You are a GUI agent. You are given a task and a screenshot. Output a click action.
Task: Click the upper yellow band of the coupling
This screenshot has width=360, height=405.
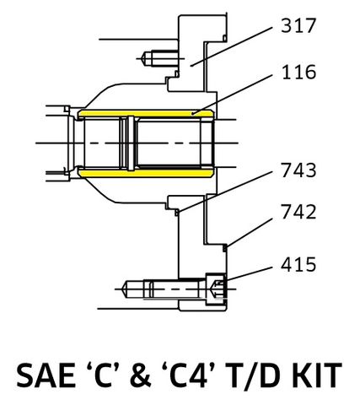143,113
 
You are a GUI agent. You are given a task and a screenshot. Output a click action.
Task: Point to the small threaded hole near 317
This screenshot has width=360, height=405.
154,57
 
